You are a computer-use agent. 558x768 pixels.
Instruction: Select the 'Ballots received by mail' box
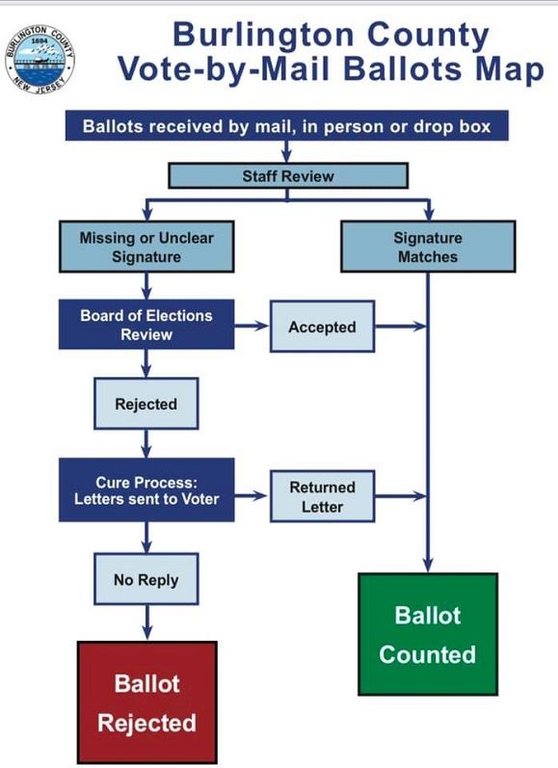pos(286,126)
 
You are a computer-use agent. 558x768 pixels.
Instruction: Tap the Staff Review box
pos(288,175)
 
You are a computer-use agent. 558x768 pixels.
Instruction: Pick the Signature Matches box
pos(427,247)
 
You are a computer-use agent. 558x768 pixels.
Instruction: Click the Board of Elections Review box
pos(146,325)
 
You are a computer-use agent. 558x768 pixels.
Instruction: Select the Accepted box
pos(322,328)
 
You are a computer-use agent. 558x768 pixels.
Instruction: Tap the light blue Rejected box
pos(146,404)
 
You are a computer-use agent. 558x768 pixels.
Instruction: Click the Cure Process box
pos(146,490)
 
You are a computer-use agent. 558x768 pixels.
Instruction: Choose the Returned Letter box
pos(322,496)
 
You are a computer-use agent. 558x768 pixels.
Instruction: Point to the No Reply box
pos(146,580)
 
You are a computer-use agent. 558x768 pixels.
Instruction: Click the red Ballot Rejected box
pos(146,702)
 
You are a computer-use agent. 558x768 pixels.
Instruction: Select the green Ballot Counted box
pos(427,634)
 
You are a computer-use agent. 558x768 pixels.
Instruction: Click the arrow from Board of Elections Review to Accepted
pos(252,328)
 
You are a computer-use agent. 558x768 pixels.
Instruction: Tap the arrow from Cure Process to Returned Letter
pos(252,496)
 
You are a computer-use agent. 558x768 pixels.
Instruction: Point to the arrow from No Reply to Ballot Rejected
pos(146,622)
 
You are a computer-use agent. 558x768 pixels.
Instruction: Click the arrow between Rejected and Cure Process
pos(146,442)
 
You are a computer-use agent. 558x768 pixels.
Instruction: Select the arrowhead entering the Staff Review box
pos(287,156)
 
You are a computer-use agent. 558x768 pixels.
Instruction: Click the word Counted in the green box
pos(427,655)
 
